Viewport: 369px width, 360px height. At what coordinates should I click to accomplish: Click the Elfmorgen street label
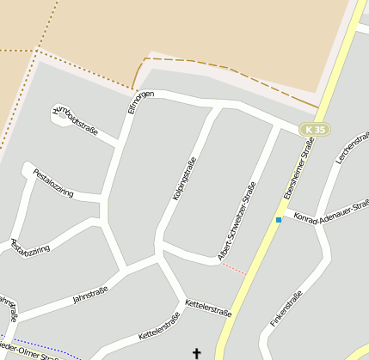click(x=141, y=101)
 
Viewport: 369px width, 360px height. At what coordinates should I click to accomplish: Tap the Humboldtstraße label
click(x=76, y=122)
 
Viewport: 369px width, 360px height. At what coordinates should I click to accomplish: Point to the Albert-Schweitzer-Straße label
click(x=237, y=222)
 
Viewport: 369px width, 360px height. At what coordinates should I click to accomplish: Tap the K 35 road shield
click(x=316, y=130)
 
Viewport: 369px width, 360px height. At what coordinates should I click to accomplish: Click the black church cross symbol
click(x=196, y=352)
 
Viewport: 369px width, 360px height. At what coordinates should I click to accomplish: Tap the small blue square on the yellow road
click(x=278, y=220)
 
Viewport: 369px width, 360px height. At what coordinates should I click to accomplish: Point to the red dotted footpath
click(x=232, y=268)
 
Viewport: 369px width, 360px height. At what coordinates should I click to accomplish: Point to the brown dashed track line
click(x=224, y=68)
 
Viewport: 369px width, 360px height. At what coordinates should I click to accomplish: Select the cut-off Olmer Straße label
click(x=43, y=355)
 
